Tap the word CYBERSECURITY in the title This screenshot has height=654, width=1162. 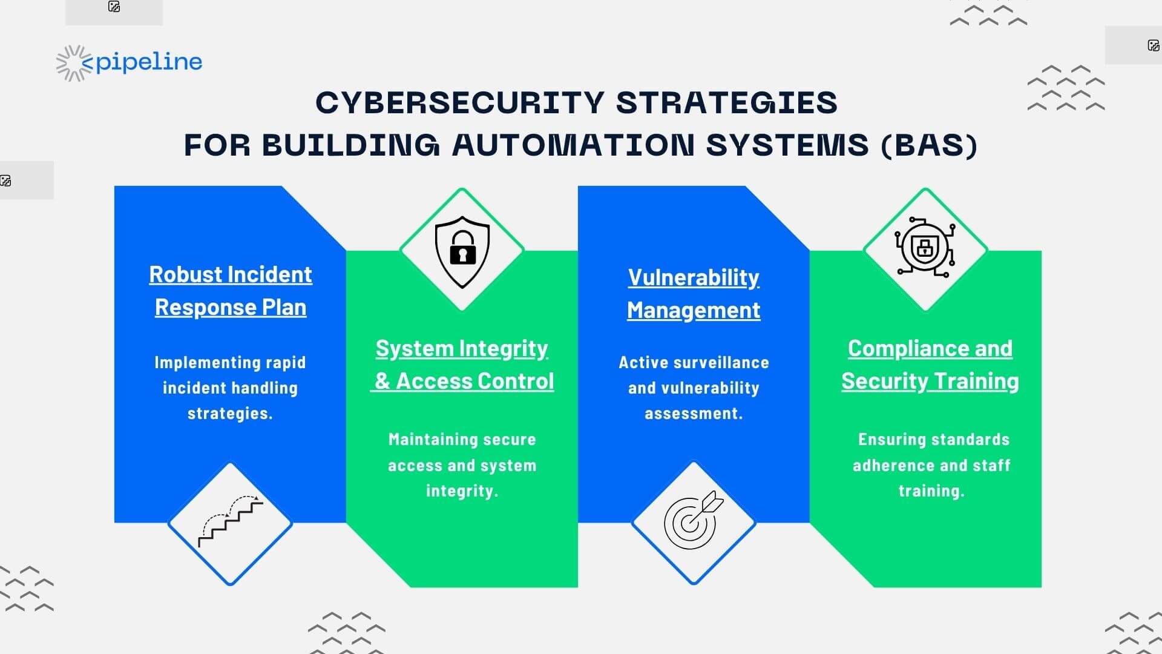click(x=460, y=102)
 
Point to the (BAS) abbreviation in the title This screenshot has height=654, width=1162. click(x=929, y=145)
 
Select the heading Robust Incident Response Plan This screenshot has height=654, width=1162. click(x=231, y=291)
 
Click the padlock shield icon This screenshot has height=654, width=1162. click(x=462, y=252)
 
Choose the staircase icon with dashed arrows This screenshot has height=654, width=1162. click(x=231, y=521)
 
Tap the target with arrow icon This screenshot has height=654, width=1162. click(x=694, y=520)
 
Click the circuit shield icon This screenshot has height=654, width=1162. click(x=925, y=248)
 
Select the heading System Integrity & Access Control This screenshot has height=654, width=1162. click(x=462, y=365)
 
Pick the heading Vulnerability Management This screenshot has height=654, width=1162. click(x=694, y=294)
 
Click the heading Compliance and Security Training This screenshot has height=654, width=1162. click(x=930, y=365)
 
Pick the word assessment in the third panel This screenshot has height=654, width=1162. click(x=694, y=414)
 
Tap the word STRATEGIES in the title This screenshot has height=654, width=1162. click(x=727, y=102)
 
